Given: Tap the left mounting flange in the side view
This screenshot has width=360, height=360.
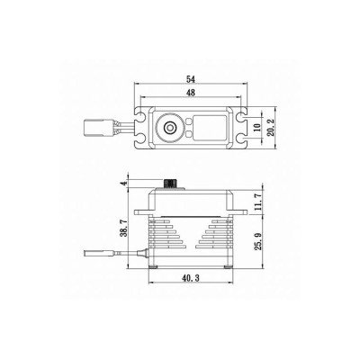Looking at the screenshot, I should [141, 212].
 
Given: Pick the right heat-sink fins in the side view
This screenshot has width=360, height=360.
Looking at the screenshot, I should [220, 239].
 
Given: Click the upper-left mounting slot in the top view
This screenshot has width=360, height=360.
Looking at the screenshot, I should [140, 115].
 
